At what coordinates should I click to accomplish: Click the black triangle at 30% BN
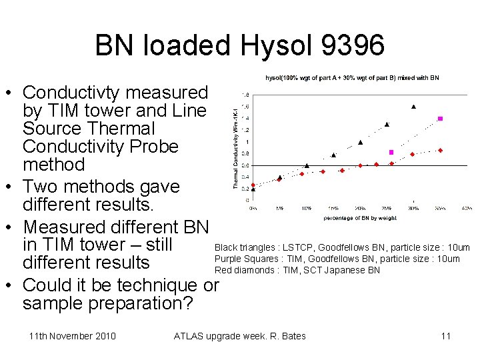[413, 106]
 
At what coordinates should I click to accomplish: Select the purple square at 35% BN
[440, 119]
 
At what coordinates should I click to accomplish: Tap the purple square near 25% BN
[391, 153]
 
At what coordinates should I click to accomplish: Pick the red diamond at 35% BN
[441, 150]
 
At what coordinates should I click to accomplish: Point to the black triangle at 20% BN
[360, 142]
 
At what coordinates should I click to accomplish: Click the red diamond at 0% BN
[253, 185]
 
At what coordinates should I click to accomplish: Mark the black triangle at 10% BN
[307, 165]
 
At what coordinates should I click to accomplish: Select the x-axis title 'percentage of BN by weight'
[360, 218]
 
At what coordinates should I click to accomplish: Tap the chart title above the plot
[352, 78]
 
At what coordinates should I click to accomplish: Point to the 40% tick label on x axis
[467, 208]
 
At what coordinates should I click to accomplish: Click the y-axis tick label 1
[247, 142]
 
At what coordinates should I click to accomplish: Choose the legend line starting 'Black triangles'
[341, 248]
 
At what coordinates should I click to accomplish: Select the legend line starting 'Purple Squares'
[337, 259]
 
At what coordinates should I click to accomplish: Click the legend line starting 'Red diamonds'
[297, 270]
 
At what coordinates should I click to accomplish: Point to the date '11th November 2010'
[73, 335]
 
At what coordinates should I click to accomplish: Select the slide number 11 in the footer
[446, 335]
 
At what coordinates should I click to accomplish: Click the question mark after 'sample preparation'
[189, 304]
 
